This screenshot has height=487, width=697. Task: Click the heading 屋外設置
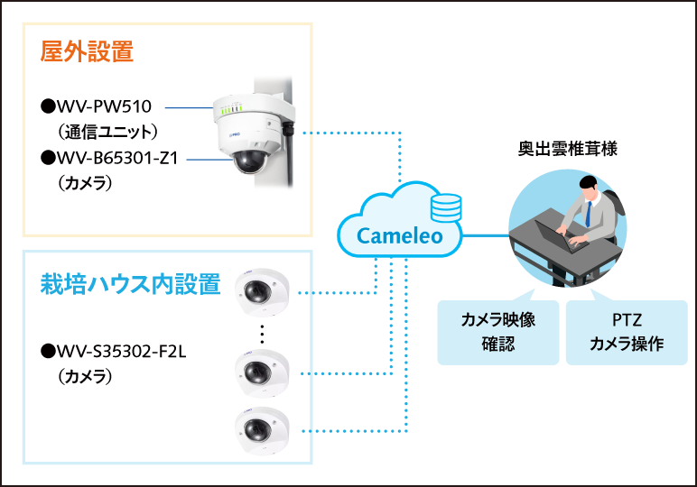[x=88, y=51]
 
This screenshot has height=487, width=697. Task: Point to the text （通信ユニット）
[x=107, y=131]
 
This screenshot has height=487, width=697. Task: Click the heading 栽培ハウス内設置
[x=131, y=284]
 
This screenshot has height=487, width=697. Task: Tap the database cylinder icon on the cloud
[x=445, y=207]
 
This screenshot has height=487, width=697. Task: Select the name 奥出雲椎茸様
[x=568, y=149]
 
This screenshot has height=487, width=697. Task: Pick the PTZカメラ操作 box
[x=627, y=332]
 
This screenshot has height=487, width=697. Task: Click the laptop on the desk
[x=555, y=239]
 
